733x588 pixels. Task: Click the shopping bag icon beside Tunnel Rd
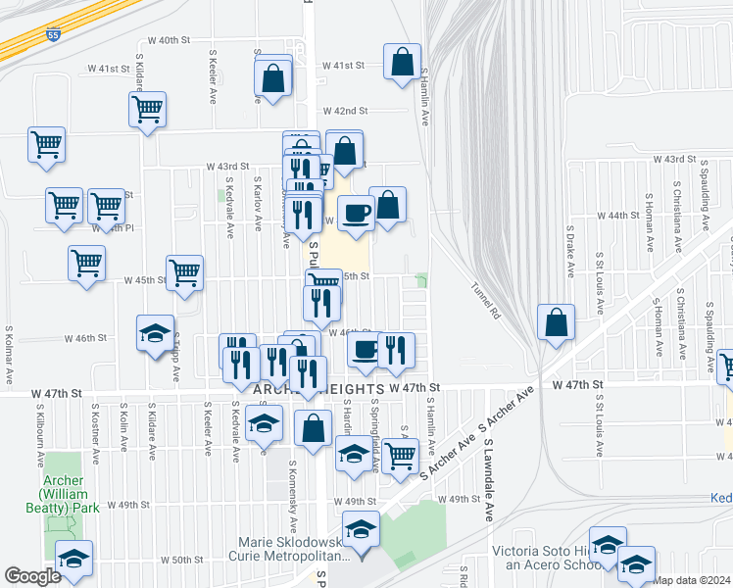pos(556,322)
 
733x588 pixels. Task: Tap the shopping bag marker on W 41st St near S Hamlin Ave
pos(402,63)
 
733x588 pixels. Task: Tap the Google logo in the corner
pos(32,576)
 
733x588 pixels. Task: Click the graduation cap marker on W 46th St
pos(155,333)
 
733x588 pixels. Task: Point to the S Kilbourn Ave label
pos(41,451)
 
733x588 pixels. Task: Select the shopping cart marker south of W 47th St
pos(399,456)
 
